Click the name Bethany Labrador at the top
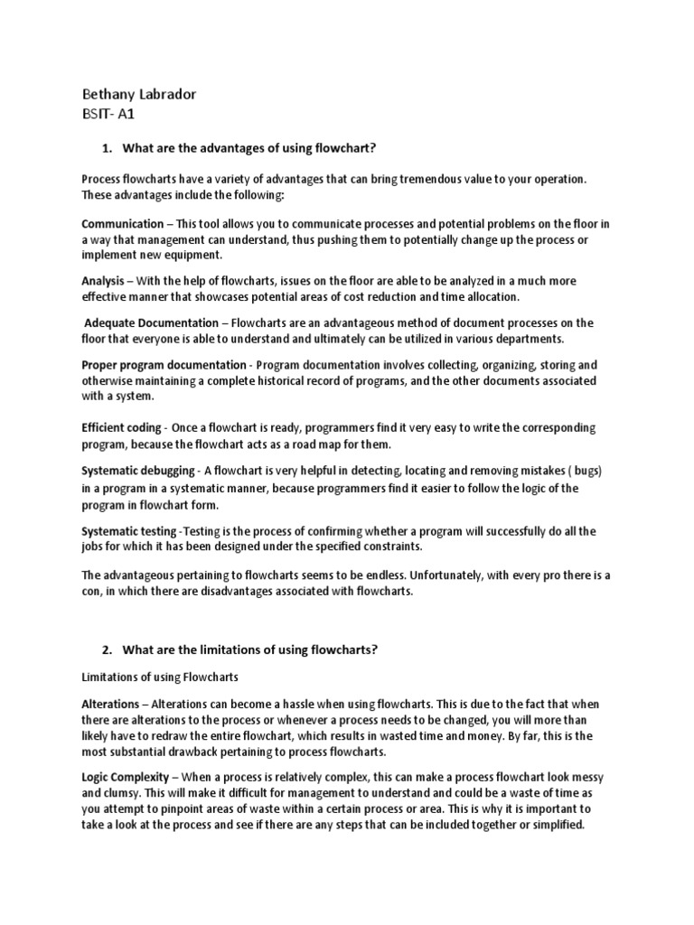point(138,95)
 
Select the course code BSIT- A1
point(108,116)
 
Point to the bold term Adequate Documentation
point(151,322)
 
